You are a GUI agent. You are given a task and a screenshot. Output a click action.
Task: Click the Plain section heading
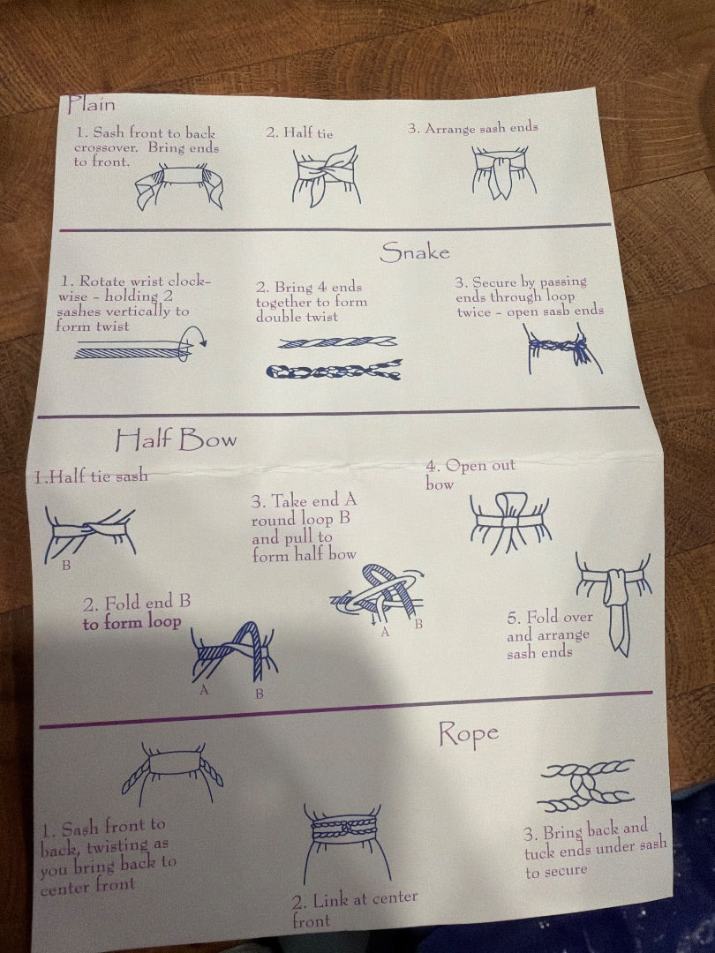tap(91, 104)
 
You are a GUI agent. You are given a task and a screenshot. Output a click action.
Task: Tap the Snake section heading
tap(415, 251)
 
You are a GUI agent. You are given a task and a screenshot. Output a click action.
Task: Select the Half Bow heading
tap(176, 439)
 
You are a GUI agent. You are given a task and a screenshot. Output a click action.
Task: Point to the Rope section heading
tap(468, 733)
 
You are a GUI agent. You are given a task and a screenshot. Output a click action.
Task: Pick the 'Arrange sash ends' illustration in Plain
tap(503, 173)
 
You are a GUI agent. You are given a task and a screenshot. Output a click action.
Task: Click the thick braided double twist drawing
tap(334, 370)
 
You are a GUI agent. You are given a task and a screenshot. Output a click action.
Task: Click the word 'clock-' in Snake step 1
tap(189, 281)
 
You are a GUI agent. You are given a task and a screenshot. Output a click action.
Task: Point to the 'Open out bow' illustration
tap(510, 522)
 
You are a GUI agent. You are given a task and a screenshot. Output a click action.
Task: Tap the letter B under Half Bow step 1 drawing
tap(66, 566)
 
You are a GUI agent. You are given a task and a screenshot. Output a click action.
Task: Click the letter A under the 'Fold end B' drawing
tap(204, 690)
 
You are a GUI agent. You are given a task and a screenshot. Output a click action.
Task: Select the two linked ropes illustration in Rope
tap(586, 785)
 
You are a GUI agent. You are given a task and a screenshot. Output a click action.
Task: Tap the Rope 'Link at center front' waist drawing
tap(345, 843)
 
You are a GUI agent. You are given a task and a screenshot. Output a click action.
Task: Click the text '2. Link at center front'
tap(354, 909)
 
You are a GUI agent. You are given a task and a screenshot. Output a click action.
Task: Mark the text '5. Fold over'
tap(550, 617)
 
